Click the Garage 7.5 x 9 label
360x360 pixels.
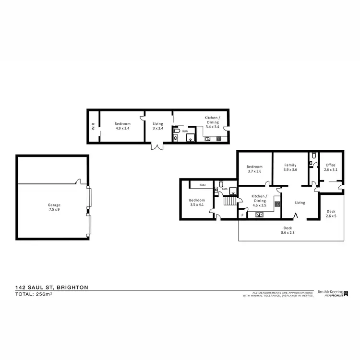(53, 207)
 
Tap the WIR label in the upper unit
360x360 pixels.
(94, 126)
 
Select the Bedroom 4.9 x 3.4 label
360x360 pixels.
(122, 126)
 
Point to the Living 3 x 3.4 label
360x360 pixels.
(158, 126)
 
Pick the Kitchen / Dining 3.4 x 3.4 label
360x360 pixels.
(212, 122)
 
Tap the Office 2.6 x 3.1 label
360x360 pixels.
(331, 168)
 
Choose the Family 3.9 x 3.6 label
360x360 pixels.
(290, 168)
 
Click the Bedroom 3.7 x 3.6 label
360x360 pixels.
(255, 169)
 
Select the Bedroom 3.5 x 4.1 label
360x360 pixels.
(197, 203)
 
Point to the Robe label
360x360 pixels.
(203, 184)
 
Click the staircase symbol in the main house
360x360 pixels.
(231, 200)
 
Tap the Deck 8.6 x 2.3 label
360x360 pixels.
(288, 230)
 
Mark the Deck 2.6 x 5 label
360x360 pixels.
(331, 214)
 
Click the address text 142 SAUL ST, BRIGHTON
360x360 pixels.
(51, 287)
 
